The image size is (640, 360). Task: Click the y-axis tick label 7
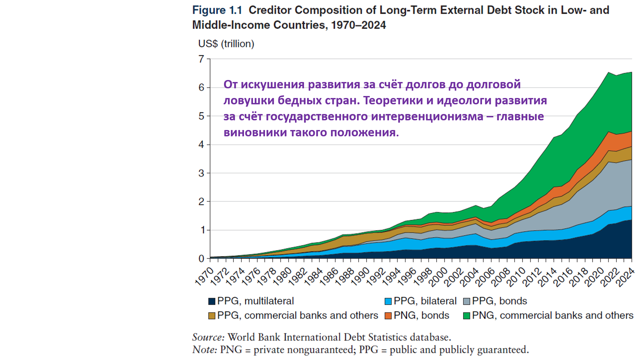pyautogui.click(x=201, y=59)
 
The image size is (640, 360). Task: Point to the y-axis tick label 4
pyautogui.click(x=201, y=145)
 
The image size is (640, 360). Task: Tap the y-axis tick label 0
pyautogui.click(x=201, y=259)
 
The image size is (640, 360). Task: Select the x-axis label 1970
pyautogui.click(x=204, y=277)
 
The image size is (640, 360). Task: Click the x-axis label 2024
pyautogui.click(x=625, y=277)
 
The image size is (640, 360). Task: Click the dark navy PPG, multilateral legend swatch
pyautogui.click(x=212, y=301)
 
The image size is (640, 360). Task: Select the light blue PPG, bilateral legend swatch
pyautogui.click(x=388, y=301)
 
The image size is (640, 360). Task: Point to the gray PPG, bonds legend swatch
pyautogui.click(x=467, y=301)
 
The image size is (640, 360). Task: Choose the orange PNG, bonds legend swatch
pyautogui.click(x=388, y=316)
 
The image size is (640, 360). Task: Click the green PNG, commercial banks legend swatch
pyautogui.click(x=467, y=316)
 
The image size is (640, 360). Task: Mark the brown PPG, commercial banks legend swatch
pyautogui.click(x=212, y=316)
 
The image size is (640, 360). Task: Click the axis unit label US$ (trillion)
pyautogui.click(x=226, y=44)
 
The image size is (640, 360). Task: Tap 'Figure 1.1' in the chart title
pyautogui.click(x=217, y=10)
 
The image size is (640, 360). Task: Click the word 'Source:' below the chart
pyautogui.click(x=208, y=337)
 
